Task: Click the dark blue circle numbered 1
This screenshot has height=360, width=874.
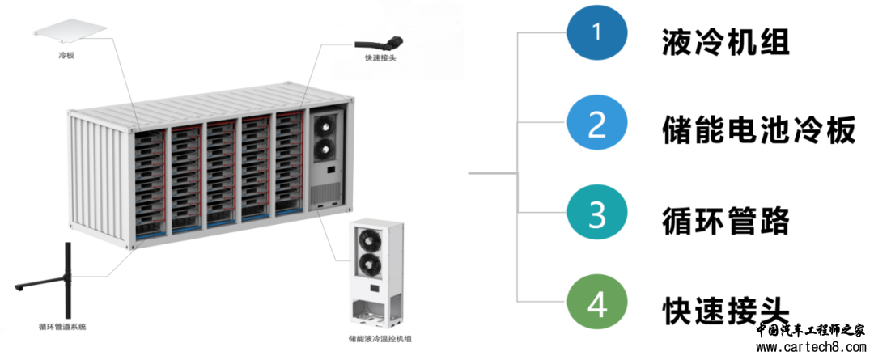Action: click(597, 33)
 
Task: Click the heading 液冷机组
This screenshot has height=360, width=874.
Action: click(726, 40)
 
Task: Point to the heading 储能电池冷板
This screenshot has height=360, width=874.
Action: click(758, 130)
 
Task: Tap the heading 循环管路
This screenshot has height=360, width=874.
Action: click(726, 221)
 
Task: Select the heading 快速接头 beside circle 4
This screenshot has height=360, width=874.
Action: click(726, 310)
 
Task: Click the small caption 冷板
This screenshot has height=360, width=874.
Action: click(66, 55)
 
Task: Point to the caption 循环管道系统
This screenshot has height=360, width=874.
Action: click(66, 327)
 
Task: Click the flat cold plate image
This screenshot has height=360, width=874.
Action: click(69, 30)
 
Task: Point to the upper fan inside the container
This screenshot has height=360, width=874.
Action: click(325, 125)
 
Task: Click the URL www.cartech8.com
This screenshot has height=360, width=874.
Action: click(811, 348)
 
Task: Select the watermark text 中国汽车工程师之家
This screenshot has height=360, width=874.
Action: click(811, 331)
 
